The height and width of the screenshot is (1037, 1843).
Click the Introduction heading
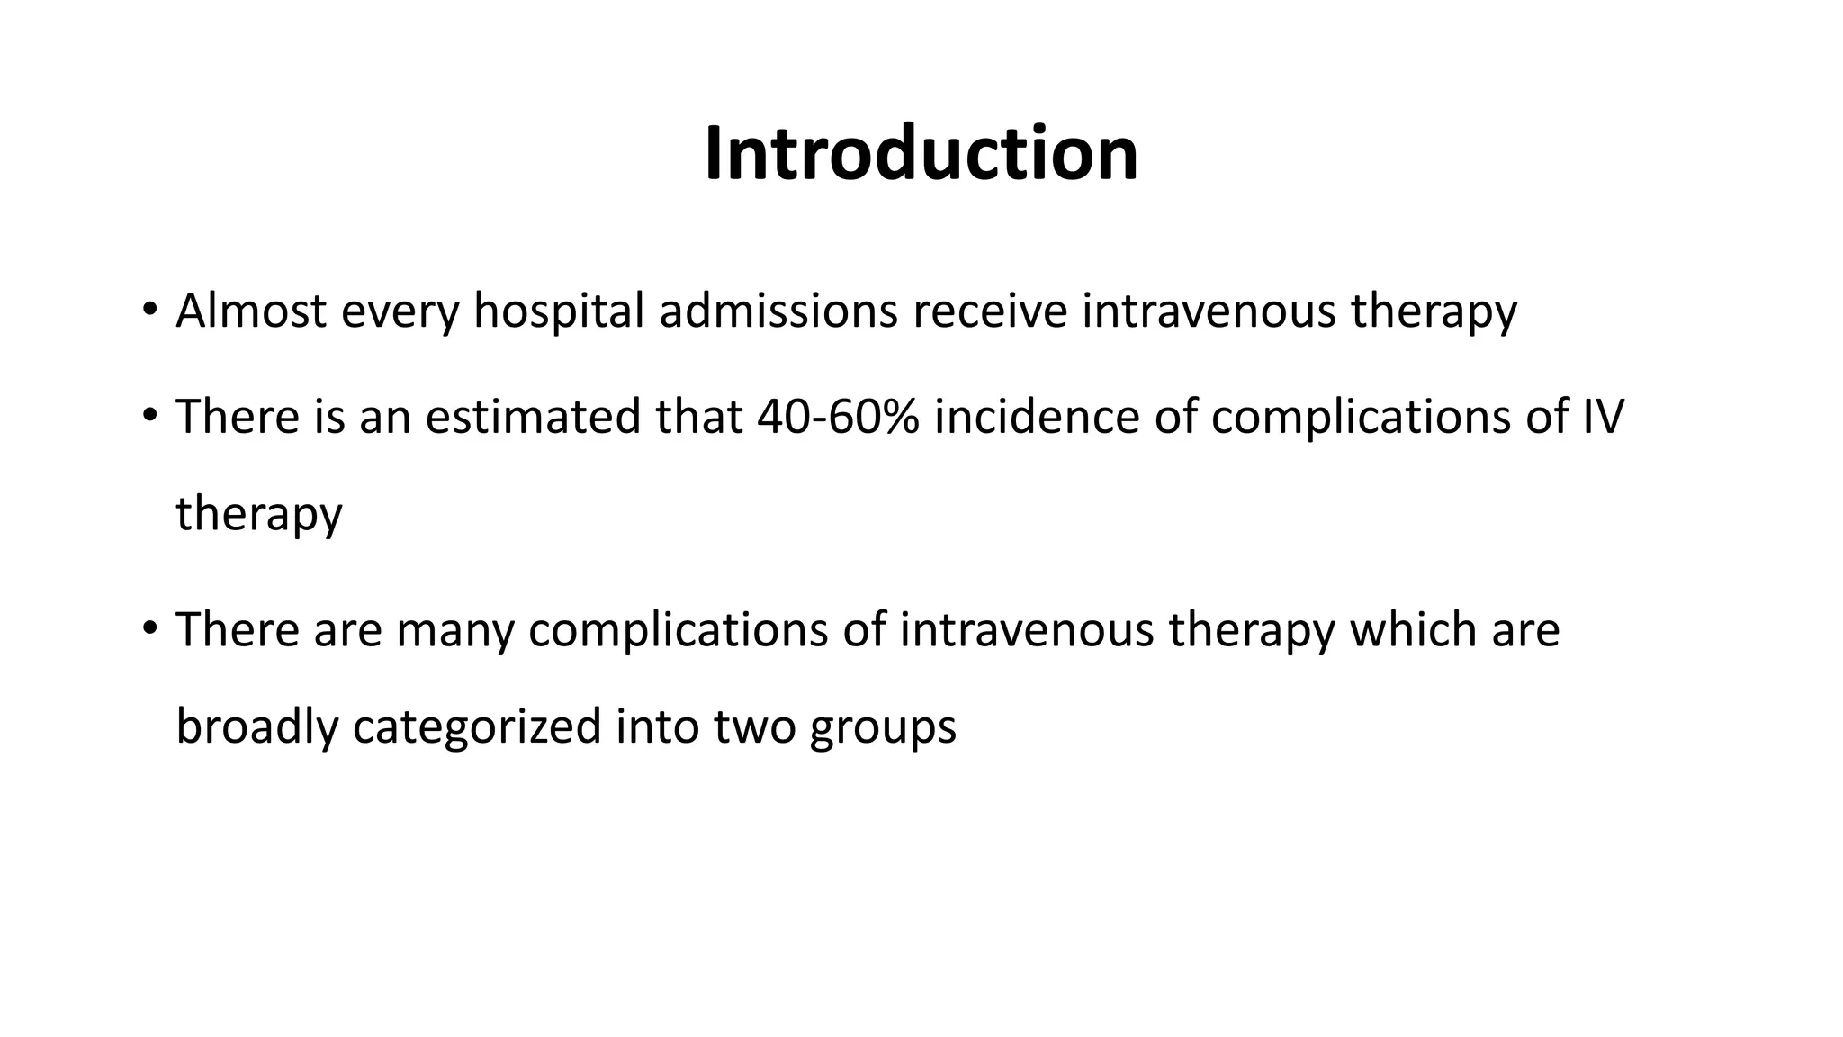coord(921,153)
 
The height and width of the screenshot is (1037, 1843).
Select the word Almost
coord(251,311)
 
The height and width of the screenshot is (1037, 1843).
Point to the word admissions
coord(778,311)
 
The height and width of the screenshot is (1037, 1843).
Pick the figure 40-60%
coord(838,416)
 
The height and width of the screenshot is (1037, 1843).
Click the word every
coord(400,311)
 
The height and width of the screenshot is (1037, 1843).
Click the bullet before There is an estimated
coord(149,416)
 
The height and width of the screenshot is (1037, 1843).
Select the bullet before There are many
coord(149,628)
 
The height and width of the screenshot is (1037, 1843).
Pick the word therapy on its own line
coord(259,513)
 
